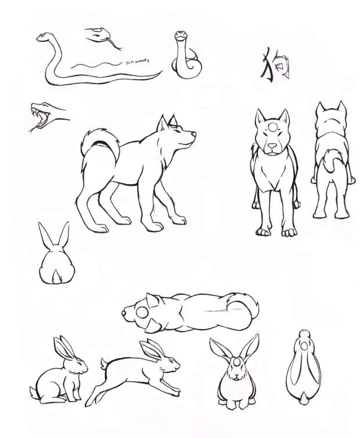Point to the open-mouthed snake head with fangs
tap(44, 114)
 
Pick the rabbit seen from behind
tap(56, 258)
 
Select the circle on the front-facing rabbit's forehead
tap(235, 364)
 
